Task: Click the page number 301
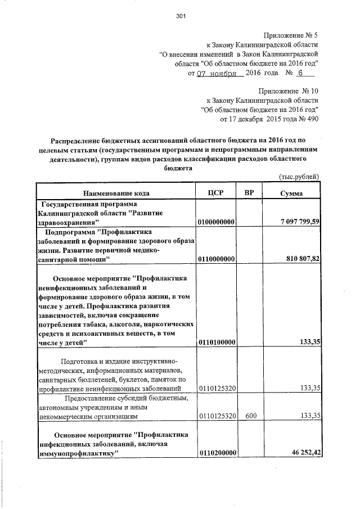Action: point(181,16)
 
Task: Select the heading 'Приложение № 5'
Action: point(291,34)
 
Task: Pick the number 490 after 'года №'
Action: point(312,119)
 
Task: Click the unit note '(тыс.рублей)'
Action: point(300,177)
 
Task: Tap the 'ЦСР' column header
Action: point(216,193)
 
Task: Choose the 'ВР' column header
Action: point(250,193)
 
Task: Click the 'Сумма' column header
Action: point(291,193)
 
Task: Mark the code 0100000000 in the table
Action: point(216,223)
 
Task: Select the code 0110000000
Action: point(216,259)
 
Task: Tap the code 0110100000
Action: point(216,343)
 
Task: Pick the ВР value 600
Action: point(251,416)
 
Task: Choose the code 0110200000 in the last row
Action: point(216,453)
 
